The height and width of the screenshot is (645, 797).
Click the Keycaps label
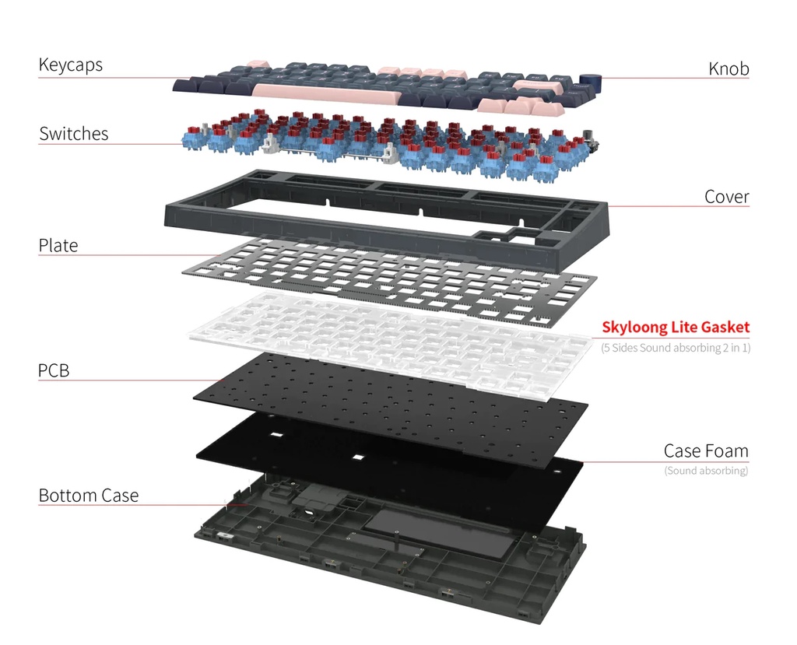click(70, 65)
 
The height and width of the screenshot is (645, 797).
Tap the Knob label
click(729, 68)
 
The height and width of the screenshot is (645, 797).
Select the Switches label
click(74, 134)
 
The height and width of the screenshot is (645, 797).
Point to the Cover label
click(727, 197)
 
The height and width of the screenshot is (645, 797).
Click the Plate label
click(58, 246)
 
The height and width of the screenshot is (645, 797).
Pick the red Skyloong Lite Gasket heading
click(676, 327)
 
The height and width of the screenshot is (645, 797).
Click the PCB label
click(54, 370)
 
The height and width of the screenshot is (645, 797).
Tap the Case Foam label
click(706, 450)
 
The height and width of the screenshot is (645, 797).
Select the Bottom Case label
click(89, 496)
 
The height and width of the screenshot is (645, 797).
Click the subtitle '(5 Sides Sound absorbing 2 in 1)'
click(676, 348)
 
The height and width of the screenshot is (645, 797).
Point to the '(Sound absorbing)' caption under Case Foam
click(706, 471)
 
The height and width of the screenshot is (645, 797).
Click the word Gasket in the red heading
click(725, 327)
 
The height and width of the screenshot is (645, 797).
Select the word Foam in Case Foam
click(726, 450)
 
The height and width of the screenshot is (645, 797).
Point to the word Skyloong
click(634, 328)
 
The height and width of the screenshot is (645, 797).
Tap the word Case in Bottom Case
click(120, 496)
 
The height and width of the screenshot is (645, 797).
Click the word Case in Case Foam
click(682, 450)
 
